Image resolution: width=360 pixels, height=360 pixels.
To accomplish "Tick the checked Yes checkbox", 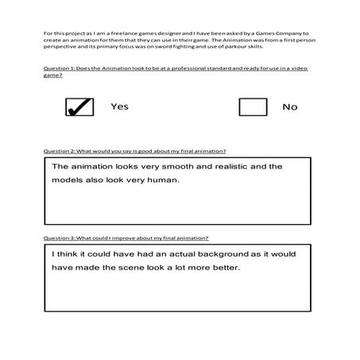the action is tap(79, 106).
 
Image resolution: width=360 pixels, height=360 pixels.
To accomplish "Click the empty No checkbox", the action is tap(252, 106).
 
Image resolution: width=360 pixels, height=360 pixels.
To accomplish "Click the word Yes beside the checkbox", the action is tap(119, 106).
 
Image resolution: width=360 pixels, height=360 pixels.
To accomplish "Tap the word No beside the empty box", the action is tap(290, 106).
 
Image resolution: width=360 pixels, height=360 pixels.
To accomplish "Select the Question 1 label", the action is tap(64, 69).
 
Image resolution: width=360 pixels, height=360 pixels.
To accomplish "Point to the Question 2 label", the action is tap(64, 150).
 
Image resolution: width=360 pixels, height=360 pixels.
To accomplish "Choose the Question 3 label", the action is tap(64, 238).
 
